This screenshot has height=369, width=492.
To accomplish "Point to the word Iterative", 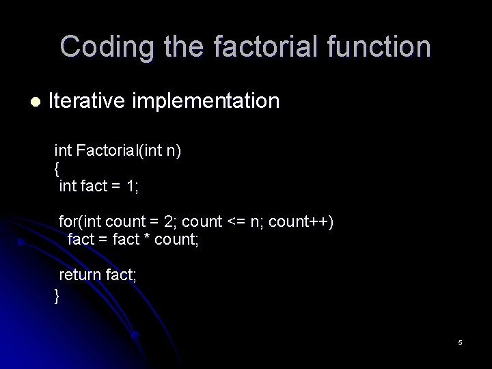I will [x=87, y=101].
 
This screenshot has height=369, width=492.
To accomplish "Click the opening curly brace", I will [x=57, y=167].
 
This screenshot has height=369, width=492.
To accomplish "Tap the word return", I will [x=81, y=276].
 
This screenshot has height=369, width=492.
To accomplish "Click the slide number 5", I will [x=461, y=342].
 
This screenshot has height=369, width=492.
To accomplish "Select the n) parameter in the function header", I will [x=174, y=150].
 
